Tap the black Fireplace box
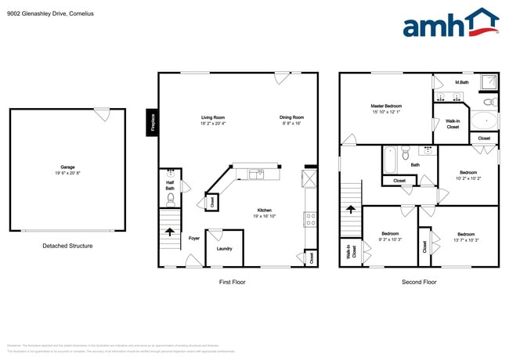(x=152, y=122)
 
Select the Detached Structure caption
(x=67, y=246)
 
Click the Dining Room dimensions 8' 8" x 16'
(x=291, y=124)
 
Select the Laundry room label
(x=224, y=249)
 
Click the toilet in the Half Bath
(x=170, y=198)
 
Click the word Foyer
(x=193, y=238)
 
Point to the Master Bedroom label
(x=386, y=106)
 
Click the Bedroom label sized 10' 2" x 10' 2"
(x=467, y=172)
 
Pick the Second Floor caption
(x=418, y=282)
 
